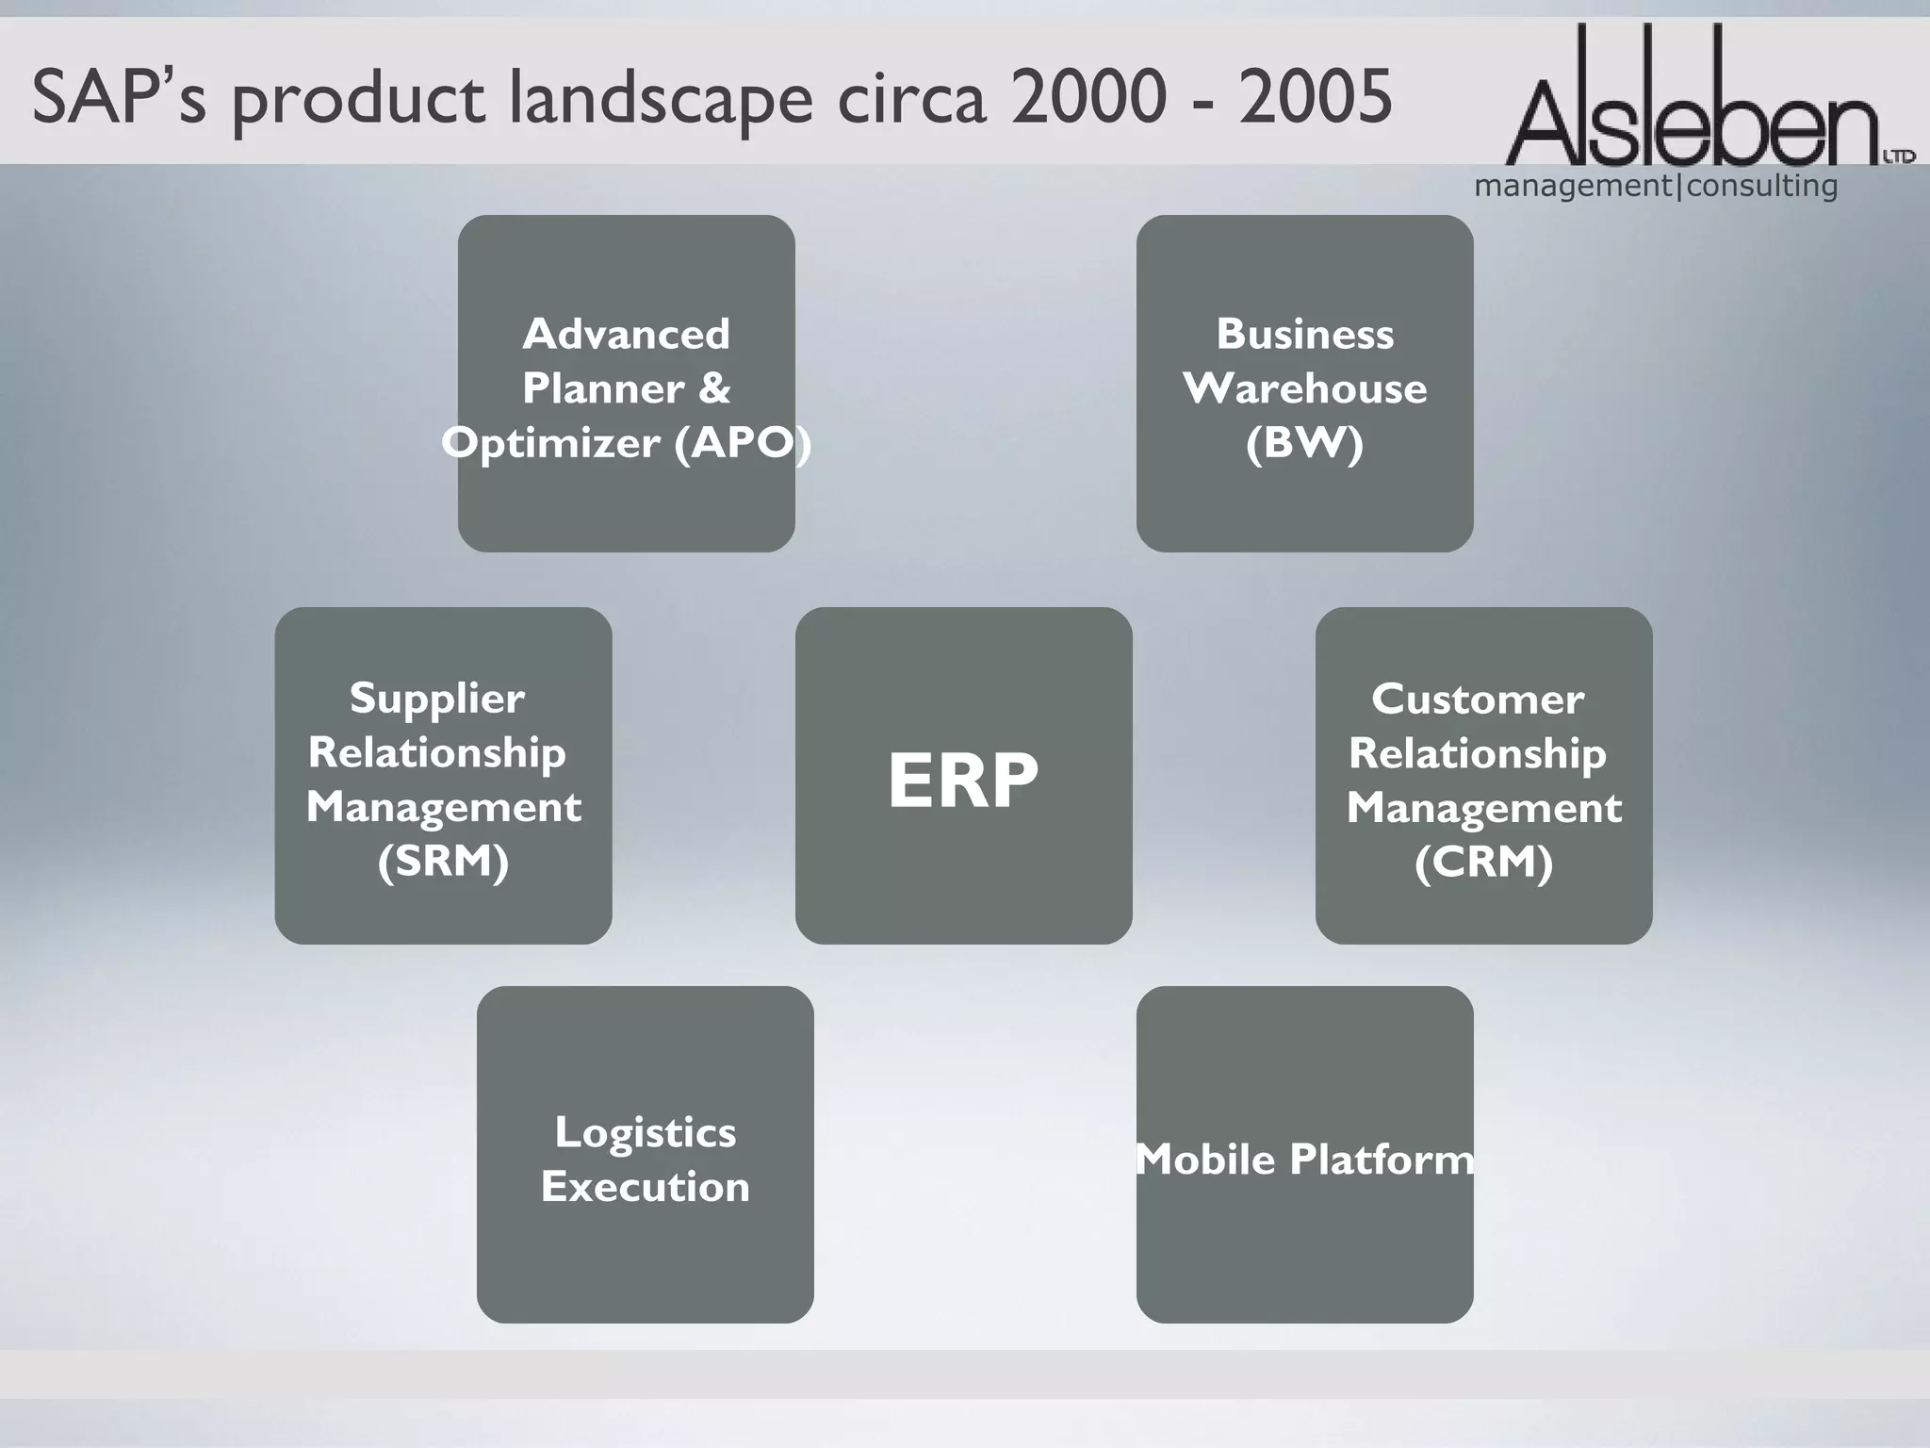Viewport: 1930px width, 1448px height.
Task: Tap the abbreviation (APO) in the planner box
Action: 743,442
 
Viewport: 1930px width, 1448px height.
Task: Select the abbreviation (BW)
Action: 1304,442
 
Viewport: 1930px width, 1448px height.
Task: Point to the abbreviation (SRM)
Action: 443,861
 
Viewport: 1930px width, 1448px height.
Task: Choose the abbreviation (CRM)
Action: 1483,862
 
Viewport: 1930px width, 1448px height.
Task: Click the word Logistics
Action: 645,1131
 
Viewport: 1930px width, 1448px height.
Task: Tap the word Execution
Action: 645,1186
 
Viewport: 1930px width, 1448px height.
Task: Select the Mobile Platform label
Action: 1304,1159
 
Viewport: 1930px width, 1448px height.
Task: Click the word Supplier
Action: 436,699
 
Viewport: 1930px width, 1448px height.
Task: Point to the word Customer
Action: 1477,699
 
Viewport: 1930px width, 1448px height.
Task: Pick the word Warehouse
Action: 1304,388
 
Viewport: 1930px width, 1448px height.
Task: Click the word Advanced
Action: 626,334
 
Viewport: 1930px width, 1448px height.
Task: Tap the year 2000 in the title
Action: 1088,97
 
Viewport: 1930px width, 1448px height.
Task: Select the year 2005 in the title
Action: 1315,97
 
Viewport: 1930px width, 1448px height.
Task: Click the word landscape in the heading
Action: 660,99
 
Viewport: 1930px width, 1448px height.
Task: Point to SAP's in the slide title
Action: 119,97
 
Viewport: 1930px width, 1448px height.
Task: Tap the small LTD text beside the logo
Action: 1899,156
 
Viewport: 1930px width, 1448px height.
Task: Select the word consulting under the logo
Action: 1761,186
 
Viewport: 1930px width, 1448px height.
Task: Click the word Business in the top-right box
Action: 1304,334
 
